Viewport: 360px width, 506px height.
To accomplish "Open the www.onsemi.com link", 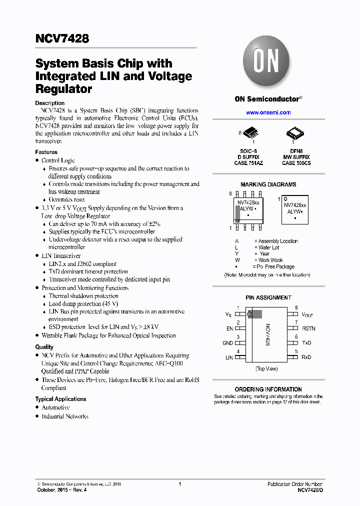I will click(x=268, y=112).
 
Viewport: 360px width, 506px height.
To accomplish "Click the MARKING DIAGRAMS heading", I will click(x=268, y=184).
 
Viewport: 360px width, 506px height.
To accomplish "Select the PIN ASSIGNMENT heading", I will click(x=268, y=297).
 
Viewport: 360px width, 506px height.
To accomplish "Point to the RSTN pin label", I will click(x=308, y=328).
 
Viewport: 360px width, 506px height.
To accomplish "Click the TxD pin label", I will click(x=306, y=343).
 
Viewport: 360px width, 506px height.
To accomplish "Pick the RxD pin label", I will click(x=306, y=357).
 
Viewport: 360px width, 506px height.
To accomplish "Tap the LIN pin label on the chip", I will click(x=229, y=357).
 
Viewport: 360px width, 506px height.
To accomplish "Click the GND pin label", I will click(x=228, y=343).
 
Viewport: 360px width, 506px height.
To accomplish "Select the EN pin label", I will click(x=229, y=328).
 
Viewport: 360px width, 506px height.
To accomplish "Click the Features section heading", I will click(x=46, y=152).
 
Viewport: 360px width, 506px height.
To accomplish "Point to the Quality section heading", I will click(x=44, y=347).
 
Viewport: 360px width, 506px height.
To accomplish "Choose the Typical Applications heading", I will click(x=60, y=399).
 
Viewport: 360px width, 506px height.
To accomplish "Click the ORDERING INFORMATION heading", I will click(x=268, y=389).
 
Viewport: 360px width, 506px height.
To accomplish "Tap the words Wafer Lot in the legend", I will click(x=268, y=247).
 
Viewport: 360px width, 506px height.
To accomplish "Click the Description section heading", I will click(x=49, y=103).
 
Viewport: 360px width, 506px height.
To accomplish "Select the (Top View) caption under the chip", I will click(x=266, y=369).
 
